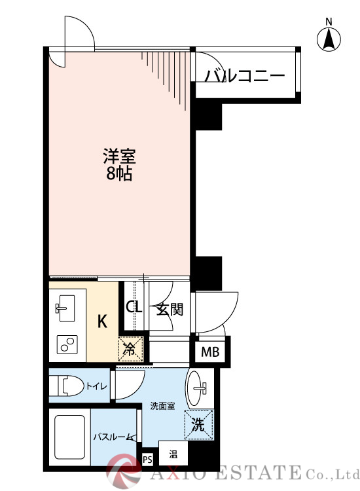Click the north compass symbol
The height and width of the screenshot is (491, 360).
pyautogui.click(x=329, y=39)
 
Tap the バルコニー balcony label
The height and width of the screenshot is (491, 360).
pyautogui.click(x=245, y=77)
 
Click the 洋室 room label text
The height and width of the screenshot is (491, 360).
pyautogui.click(x=118, y=157)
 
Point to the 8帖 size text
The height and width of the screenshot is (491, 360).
pyautogui.click(x=118, y=175)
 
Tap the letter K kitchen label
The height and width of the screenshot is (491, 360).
pyautogui.click(x=102, y=321)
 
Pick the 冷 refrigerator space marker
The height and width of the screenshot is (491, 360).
pyautogui.click(x=130, y=348)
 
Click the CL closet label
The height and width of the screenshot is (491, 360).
pyautogui.click(x=134, y=307)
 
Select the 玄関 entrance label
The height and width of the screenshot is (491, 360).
pyautogui.click(x=169, y=309)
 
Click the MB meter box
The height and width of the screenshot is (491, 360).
pyautogui.click(x=209, y=352)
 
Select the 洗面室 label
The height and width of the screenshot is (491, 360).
pyautogui.click(x=161, y=406)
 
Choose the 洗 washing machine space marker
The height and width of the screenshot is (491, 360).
pyautogui.click(x=198, y=424)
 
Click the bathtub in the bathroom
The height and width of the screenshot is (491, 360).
pyautogui.click(x=69, y=437)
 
